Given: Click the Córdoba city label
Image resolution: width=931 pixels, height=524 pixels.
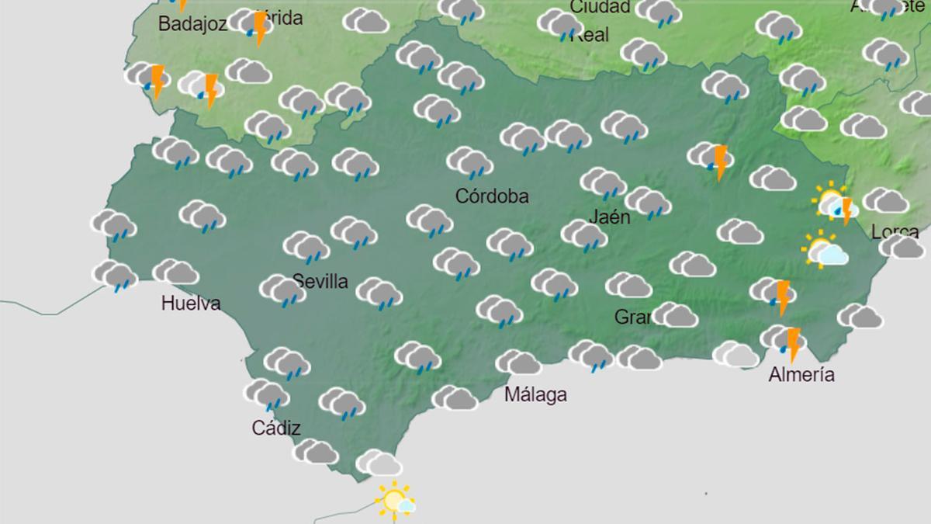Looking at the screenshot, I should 492,196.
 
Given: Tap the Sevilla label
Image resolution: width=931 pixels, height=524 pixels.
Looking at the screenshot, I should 320,281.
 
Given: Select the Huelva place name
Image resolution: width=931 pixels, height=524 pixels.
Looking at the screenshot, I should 191,304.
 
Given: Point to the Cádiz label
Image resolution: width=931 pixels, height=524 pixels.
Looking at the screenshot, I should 276,428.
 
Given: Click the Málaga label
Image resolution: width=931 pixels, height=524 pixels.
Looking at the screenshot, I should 535,394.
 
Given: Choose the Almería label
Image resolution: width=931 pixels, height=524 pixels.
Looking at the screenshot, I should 801,376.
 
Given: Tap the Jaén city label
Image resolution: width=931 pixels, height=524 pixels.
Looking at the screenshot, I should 609,217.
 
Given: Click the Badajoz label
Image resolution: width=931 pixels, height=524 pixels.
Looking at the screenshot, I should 192,24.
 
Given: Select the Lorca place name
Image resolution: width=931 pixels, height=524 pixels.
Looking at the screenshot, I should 895,231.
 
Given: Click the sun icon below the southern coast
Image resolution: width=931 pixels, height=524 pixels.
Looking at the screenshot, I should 394,500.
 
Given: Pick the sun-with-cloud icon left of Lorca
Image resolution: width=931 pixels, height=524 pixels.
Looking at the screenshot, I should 824,251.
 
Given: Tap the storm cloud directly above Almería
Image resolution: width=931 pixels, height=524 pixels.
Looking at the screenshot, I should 782,342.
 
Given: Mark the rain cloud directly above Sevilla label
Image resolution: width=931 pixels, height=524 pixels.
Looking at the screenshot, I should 306,247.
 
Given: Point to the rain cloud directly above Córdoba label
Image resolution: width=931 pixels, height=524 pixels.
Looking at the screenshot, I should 470,162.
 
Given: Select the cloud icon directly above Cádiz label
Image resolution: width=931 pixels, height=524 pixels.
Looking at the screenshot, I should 266,394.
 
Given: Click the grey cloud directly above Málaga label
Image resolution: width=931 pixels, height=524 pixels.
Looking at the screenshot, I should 518,362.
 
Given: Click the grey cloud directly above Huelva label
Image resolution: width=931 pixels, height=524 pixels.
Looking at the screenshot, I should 176,272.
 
